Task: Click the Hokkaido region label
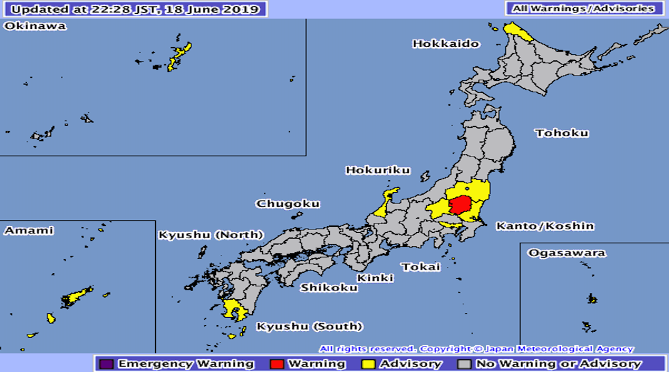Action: [446, 44]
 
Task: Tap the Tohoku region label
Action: [562, 133]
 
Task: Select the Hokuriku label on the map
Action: [377, 171]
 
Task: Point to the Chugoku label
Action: [288, 204]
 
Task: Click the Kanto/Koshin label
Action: [545, 226]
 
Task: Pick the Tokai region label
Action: [421, 267]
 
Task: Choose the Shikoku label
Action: [328, 288]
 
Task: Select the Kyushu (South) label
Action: [310, 327]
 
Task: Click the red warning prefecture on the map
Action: [462, 205]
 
